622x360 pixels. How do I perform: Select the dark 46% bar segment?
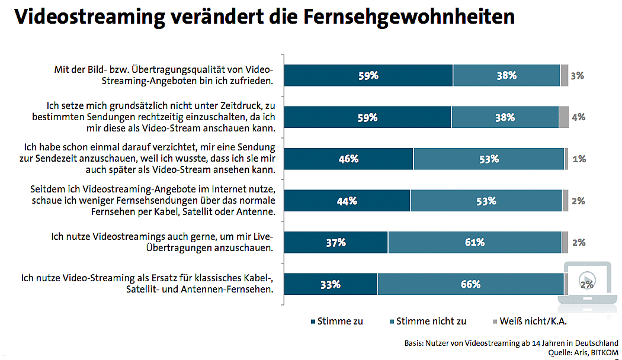pyautogui.click(x=348, y=159)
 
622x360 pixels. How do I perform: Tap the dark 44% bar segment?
pyautogui.click(x=347, y=201)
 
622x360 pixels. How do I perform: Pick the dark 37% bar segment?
pyautogui.click(x=336, y=242)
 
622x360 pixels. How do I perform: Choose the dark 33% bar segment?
pyautogui.click(x=331, y=284)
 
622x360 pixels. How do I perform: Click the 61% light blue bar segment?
pyautogui.click(x=474, y=242)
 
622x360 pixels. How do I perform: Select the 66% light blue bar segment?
pyautogui.click(x=470, y=284)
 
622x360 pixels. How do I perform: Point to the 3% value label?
pyautogui.click(x=578, y=75)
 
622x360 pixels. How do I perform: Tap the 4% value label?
pyautogui.click(x=579, y=117)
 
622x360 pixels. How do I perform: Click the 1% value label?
pyautogui.click(x=579, y=159)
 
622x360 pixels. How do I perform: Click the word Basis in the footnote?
pyautogui.click(x=409, y=343)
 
